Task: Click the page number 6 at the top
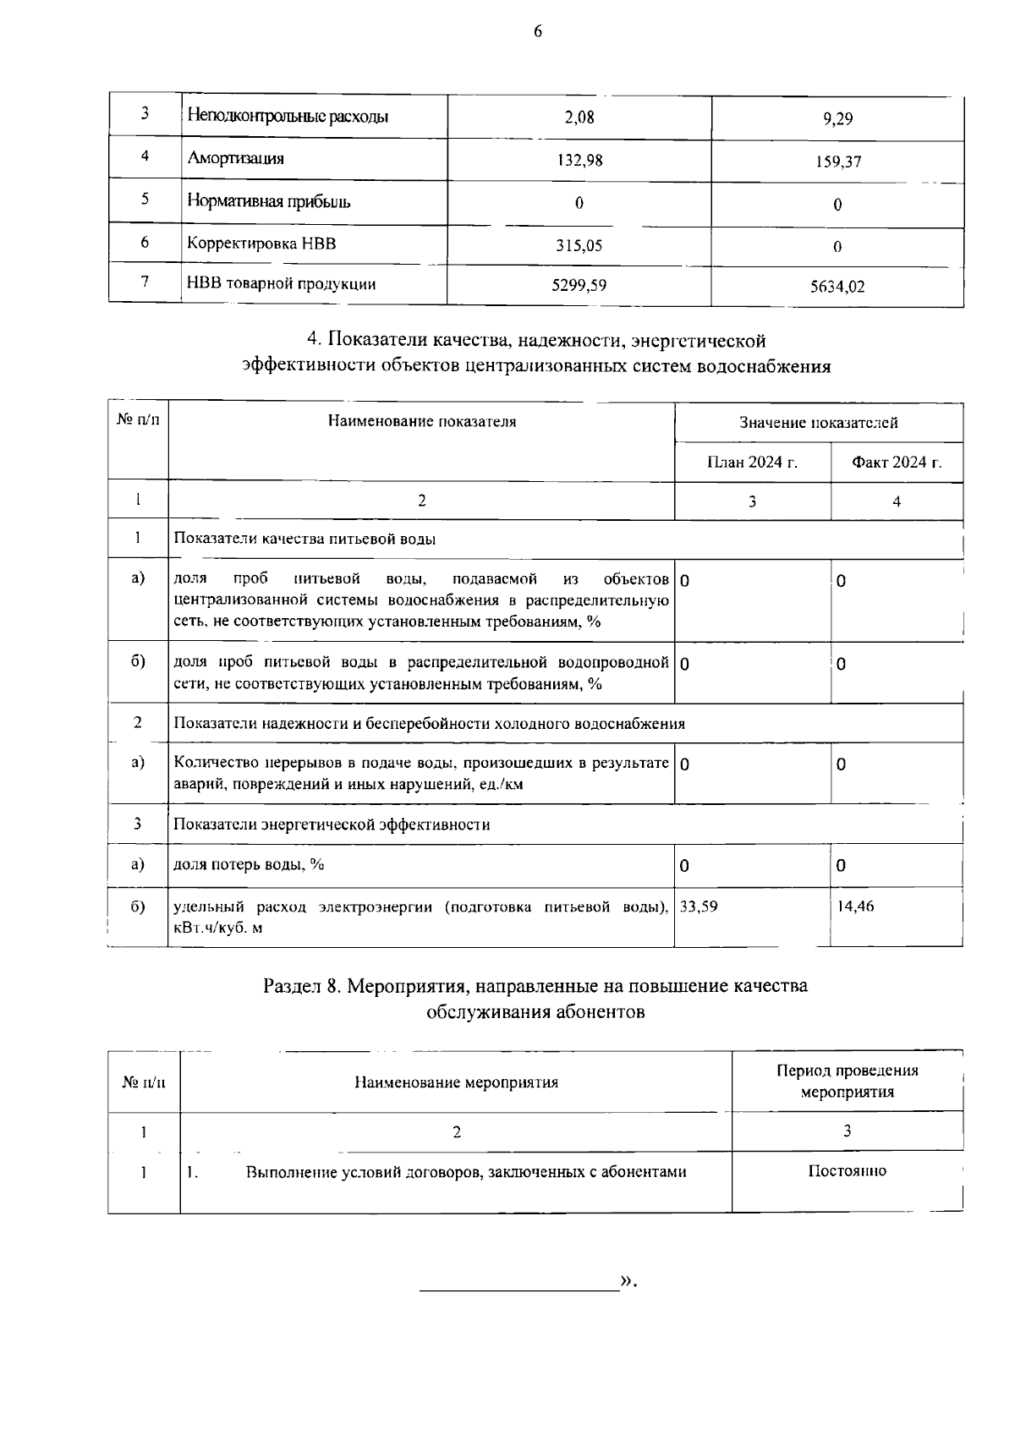pyautogui.click(x=537, y=32)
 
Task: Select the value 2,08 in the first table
pyautogui.click(x=579, y=118)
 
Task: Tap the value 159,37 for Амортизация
pyautogui.click(x=838, y=162)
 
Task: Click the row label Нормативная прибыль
pyautogui.click(x=268, y=201)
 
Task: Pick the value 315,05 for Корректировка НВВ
pyautogui.click(x=579, y=246)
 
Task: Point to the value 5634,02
pyautogui.click(x=837, y=287)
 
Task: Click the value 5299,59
pyautogui.click(x=579, y=285)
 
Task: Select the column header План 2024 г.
pyautogui.click(x=752, y=463)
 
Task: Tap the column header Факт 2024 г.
pyautogui.click(x=897, y=463)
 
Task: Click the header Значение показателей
pyautogui.click(x=818, y=423)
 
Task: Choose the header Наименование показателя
pyautogui.click(x=421, y=421)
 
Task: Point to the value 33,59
pyautogui.click(x=699, y=906)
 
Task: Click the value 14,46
pyautogui.click(x=855, y=906)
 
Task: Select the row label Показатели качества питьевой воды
pyautogui.click(x=304, y=539)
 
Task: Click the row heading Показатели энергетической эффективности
pyautogui.click(x=332, y=824)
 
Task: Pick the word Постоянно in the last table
pyautogui.click(x=847, y=1171)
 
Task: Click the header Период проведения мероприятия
pyautogui.click(x=847, y=1081)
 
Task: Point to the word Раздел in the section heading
pyautogui.click(x=292, y=986)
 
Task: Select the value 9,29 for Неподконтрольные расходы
pyautogui.click(x=837, y=119)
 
